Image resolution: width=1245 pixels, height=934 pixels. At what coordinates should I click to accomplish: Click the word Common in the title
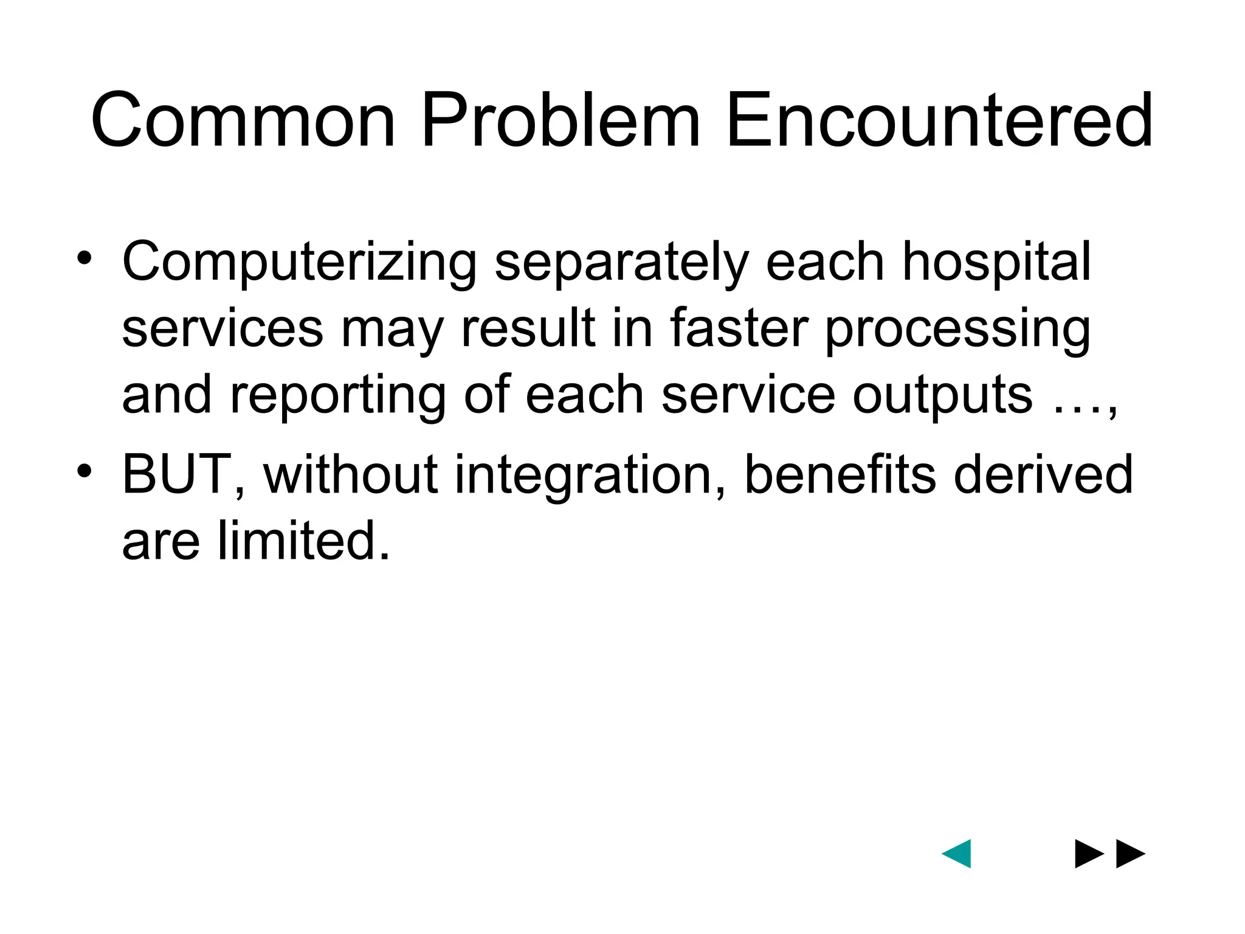(243, 120)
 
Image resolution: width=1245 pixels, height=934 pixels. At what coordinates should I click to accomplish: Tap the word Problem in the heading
(560, 120)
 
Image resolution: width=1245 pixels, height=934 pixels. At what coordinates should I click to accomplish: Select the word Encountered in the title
(939, 120)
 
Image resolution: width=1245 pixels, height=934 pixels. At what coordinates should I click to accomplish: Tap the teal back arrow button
(957, 854)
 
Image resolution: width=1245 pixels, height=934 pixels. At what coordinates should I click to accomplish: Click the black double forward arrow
(1110, 854)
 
